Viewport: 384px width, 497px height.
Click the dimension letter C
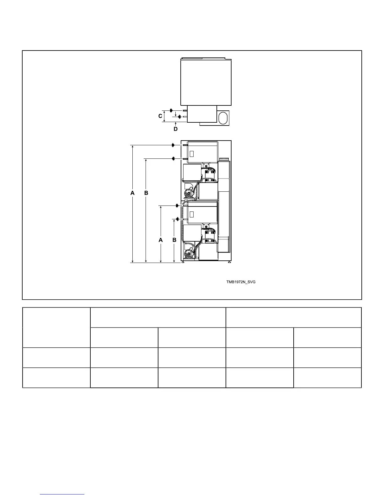coord(160,116)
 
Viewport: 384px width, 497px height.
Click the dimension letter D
coord(175,129)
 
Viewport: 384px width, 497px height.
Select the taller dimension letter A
coord(132,193)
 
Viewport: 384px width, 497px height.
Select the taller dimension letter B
coord(146,193)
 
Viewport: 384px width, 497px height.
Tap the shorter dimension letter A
coord(161,240)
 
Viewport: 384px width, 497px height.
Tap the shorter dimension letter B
coord(174,240)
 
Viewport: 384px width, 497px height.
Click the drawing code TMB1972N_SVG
coord(241,282)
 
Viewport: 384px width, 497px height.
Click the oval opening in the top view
coord(223,118)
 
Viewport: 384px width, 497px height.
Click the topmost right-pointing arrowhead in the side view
coord(173,145)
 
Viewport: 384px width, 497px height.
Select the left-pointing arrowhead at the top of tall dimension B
coord(173,158)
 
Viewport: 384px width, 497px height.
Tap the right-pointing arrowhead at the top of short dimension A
coord(177,206)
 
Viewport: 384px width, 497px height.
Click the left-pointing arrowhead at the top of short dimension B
coord(177,219)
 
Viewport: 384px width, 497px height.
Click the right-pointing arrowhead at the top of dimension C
coord(171,110)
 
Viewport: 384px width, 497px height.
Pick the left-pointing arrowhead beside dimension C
coord(179,117)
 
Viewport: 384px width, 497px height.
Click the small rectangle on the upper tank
coord(192,154)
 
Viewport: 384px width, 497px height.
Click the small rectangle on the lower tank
coord(192,215)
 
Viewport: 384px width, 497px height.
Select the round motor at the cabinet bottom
coord(189,254)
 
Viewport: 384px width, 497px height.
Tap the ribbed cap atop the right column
coord(224,159)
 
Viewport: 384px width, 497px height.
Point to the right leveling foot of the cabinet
coord(229,262)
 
